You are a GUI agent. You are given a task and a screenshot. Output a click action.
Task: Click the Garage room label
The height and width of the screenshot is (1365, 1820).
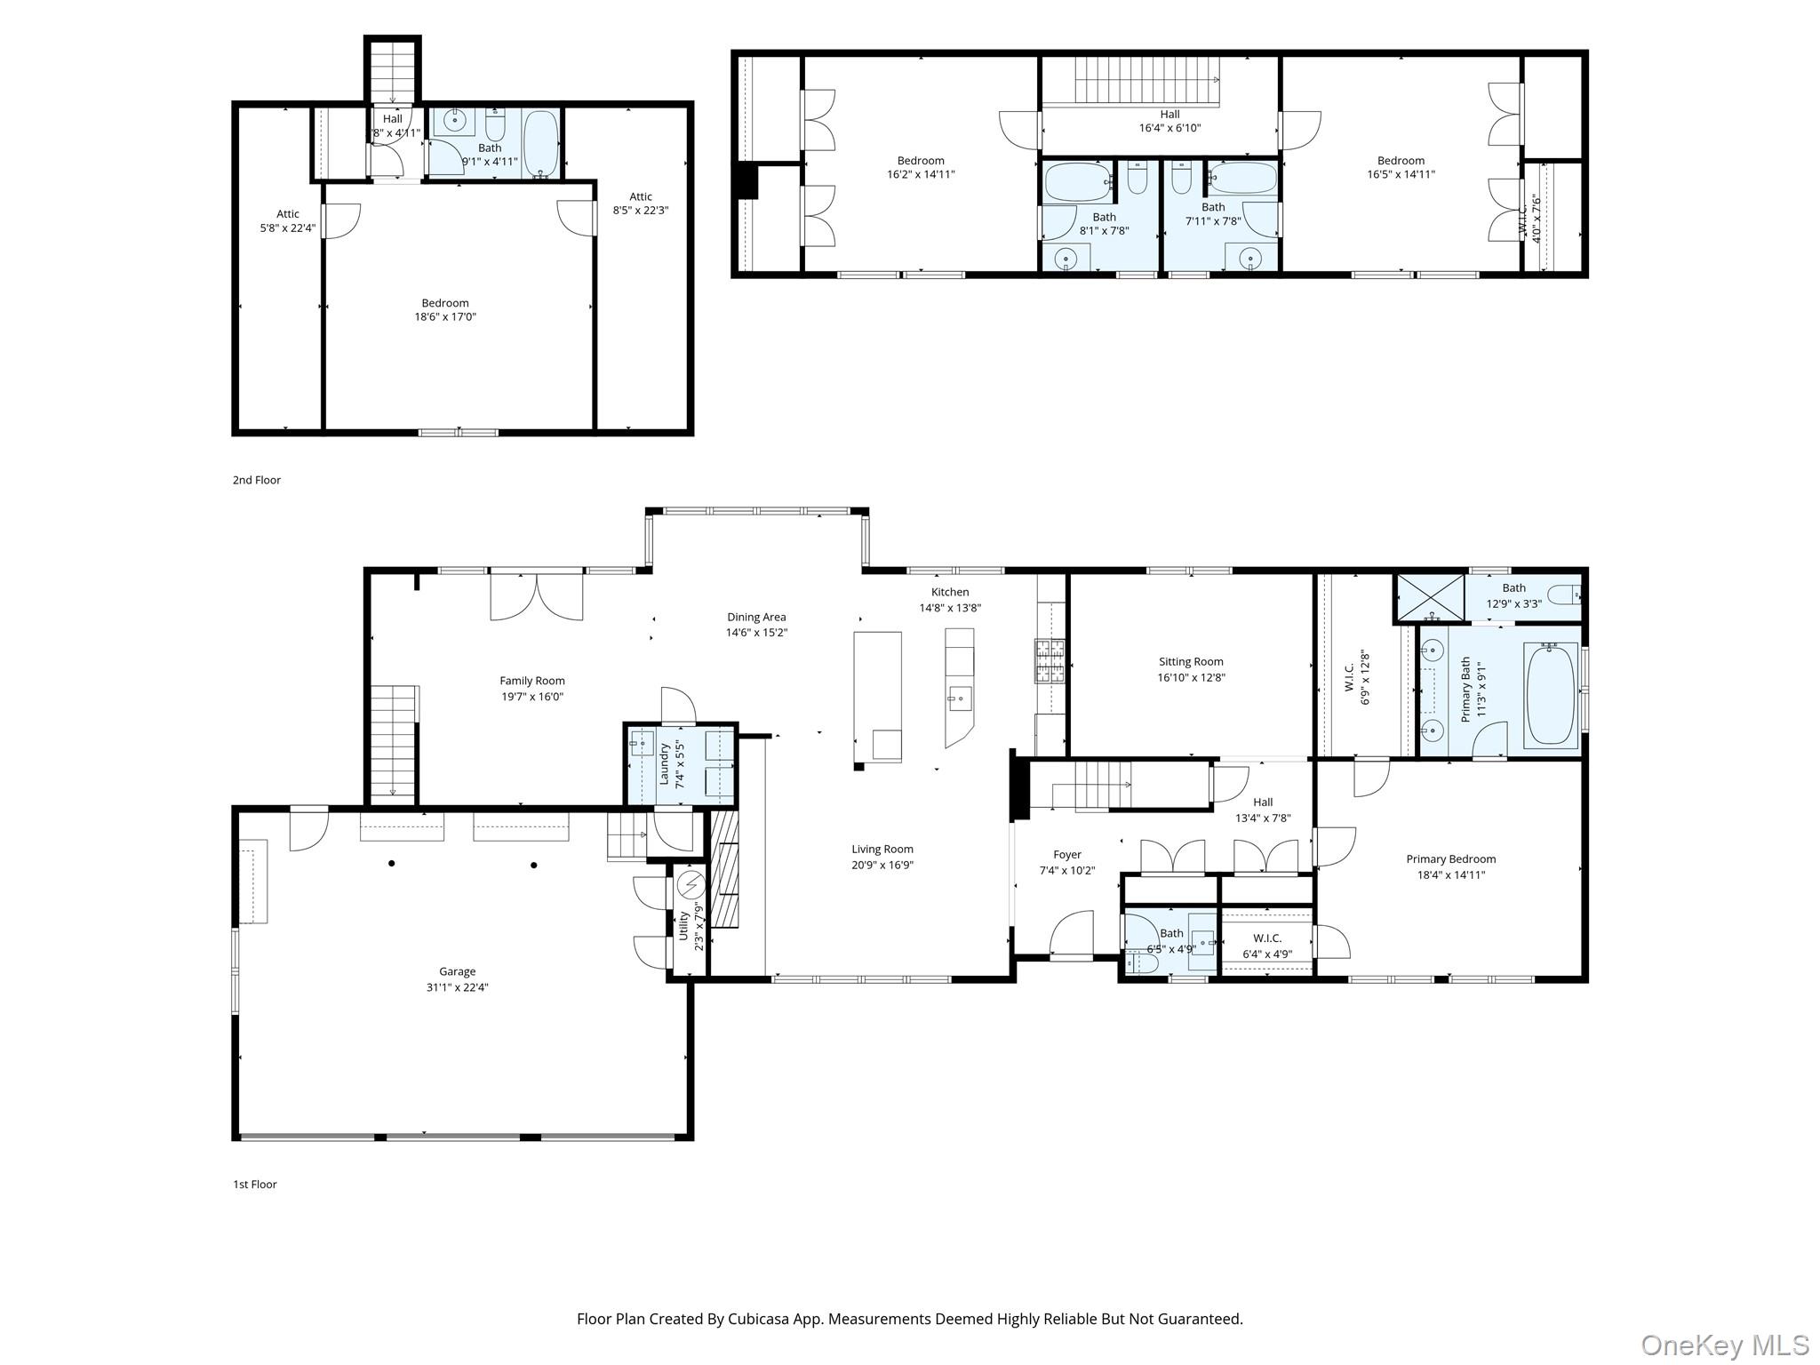pos(457,971)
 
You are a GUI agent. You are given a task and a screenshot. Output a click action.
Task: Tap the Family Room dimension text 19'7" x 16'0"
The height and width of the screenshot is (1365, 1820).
pos(532,697)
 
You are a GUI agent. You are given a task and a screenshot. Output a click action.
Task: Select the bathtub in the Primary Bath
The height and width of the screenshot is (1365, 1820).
pos(1551,693)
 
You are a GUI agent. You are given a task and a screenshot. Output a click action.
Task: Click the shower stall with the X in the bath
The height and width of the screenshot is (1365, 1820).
pos(1430,596)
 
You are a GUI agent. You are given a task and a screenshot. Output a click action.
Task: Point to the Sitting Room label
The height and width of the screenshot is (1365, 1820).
pos(1191,661)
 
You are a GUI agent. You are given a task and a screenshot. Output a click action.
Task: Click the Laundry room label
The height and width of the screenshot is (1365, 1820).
pos(664,763)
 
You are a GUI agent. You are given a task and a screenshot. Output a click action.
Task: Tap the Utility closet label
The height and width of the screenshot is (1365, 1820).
pos(683,926)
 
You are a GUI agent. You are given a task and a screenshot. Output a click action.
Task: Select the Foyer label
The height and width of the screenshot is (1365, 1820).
pos(1067,855)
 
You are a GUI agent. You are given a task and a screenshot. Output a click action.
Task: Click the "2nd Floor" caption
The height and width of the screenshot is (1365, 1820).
pos(257,480)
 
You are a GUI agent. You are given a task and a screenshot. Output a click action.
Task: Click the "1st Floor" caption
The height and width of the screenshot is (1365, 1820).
pos(255,1184)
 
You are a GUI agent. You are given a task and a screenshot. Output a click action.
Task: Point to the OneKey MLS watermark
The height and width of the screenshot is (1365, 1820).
pos(1725,1345)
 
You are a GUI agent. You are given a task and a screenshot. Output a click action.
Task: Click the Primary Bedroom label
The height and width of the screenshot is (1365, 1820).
pos(1451,858)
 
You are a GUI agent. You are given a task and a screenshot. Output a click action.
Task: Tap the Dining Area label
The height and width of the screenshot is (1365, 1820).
pos(756,617)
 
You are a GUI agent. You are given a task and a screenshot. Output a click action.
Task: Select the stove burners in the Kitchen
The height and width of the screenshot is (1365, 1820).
pos(1050,661)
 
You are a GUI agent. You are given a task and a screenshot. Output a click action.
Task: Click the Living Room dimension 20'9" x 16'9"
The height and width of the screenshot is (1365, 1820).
pos(882,865)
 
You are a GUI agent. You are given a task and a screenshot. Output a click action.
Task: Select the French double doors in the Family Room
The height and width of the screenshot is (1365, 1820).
pos(537,595)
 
